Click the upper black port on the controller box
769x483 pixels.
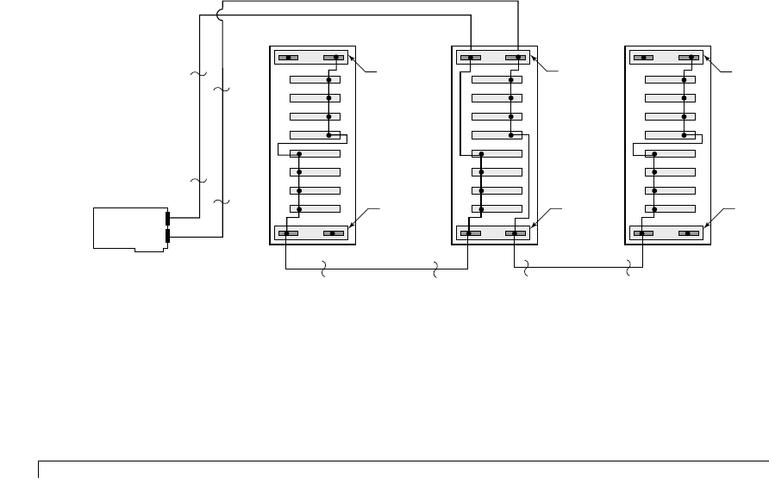click(168, 218)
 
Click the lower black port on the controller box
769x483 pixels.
click(168, 235)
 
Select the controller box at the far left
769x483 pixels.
click(129, 229)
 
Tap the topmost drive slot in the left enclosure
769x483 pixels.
click(315, 79)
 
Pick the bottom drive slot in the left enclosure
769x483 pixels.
click(315, 209)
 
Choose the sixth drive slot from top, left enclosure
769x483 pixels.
click(315, 172)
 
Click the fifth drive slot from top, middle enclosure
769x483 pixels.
click(497, 154)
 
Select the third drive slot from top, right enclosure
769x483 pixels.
click(670, 116)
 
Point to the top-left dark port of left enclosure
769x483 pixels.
click(289, 58)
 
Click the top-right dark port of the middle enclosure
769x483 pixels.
click(515, 58)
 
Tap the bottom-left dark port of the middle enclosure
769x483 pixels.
click(471, 232)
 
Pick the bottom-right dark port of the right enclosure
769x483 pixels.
click(688, 232)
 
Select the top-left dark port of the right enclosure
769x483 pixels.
click(643, 58)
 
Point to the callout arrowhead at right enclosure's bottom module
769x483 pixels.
click(710, 226)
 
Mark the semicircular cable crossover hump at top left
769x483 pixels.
click(220, 14)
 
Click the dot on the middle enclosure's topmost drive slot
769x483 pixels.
click(510, 79)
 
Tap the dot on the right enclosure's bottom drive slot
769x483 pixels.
click(655, 209)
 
